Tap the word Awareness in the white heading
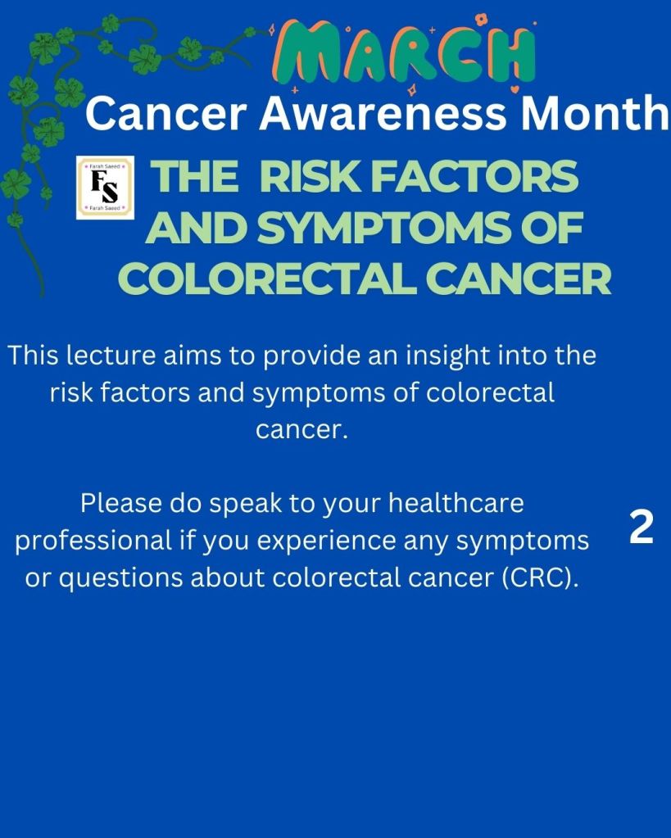(x=383, y=113)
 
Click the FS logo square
(x=105, y=188)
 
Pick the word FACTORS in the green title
(x=474, y=177)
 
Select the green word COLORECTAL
(x=267, y=279)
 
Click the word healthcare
(x=456, y=504)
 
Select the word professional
(x=93, y=541)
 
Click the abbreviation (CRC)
(x=541, y=578)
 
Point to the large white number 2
(x=641, y=528)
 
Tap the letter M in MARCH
(x=304, y=53)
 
